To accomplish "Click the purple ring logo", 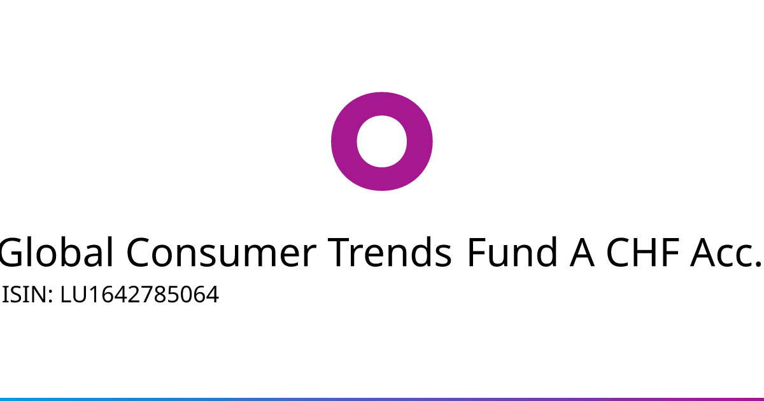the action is (x=344, y=141).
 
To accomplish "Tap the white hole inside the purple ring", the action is (x=382, y=141).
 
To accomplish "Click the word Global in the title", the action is (x=56, y=252).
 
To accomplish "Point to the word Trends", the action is (x=390, y=252).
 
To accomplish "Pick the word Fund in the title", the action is (x=513, y=252).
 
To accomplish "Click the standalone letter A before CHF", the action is (x=582, y=252).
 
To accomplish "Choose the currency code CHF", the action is (x=643, y=252).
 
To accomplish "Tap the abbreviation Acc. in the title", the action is (x=726, y=252).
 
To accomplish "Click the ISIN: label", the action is (x=27, y=295).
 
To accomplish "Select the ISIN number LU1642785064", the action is (x=139, y=295).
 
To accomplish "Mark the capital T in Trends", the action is (x=340, y=252).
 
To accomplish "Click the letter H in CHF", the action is (x=647, y=252).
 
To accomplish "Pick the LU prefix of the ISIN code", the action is (x=74, y=295).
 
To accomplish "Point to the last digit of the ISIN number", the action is (x=212, y=295).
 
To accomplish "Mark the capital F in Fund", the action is (x=477, y=252).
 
